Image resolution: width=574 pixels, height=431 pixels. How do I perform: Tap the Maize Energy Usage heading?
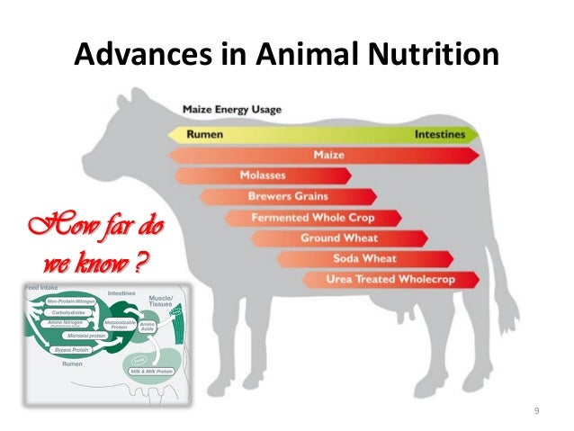pyautogui.click(x=232, y=110)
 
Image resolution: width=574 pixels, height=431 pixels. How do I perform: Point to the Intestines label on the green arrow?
pyautogui.click(x=441, y=135)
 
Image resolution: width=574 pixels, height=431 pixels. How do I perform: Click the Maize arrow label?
pyautogui.click(x=329, y=156)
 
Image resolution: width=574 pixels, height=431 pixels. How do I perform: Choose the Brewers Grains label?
pyautogui.click(x=288, y=196)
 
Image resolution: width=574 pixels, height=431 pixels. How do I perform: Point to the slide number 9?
pyautogui.click(x=536, y=411)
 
